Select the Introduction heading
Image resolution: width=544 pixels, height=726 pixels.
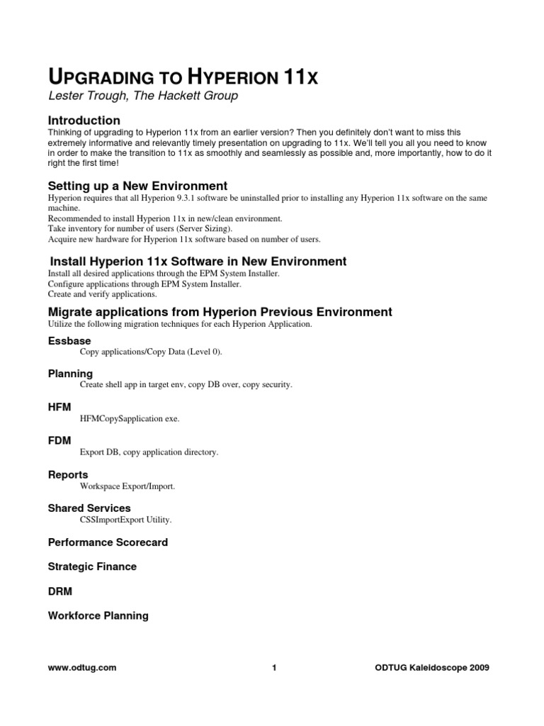84,121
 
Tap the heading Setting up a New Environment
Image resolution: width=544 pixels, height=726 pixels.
137,186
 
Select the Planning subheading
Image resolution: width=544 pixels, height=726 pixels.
70,374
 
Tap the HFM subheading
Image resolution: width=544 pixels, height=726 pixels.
59,407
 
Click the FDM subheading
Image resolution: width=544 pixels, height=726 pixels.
59,440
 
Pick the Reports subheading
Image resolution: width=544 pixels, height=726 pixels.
68,474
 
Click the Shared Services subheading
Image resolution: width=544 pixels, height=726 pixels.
89,508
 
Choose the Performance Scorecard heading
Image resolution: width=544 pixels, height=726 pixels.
108,542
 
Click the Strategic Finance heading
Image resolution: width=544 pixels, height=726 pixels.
92,566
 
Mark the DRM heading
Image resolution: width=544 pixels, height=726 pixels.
60,591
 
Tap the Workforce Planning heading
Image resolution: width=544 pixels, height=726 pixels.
98,615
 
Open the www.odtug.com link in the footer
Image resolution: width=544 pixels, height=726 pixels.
82,667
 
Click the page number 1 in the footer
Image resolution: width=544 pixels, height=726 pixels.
273,667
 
